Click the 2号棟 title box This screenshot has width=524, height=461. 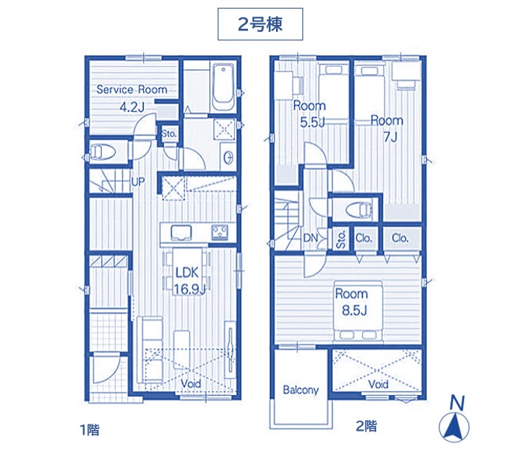tap(260, 24)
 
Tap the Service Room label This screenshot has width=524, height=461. tap(131, 89)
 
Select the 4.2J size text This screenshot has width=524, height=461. tap(132, 107)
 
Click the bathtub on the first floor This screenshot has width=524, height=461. tap(223, 87)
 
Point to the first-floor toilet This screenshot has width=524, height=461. tap(103, 152)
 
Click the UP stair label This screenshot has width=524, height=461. tap(138, 182)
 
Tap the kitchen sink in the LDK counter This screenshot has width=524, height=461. tap(181, 232)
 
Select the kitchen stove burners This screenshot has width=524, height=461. tap(219, 232)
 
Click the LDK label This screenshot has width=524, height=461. tap(187, 273)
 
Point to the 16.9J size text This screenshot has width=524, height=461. tap(189, 289)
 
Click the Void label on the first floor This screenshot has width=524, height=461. tap(190, 383)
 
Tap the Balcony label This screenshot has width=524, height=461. tap(300, 389)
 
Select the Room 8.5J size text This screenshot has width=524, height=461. tap(355, 311)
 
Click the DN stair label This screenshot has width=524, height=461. tap(310, 238)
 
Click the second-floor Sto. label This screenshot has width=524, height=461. tap(341, 239)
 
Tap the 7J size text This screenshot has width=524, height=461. tap(390, 137)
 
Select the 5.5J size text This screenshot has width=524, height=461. tap(312, 123)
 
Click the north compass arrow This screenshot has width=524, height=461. tap(454, 427)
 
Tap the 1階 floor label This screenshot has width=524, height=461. tap(89, 430)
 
